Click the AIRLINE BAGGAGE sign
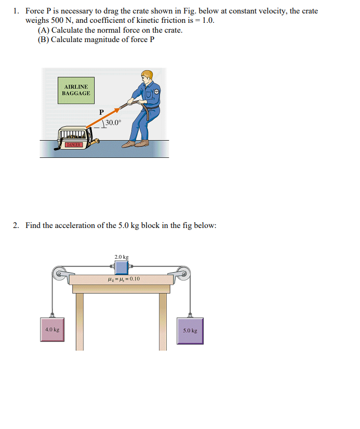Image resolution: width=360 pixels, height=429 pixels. (x=76, y=90)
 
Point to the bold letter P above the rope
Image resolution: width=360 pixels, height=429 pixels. (x=101, y=112)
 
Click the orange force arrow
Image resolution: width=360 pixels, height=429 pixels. (x=106, y=117)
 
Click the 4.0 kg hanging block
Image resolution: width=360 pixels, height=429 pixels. (x=52, y=329)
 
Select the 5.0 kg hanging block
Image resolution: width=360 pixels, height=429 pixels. (x=190, y=330)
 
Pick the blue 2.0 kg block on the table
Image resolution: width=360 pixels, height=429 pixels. (x=122, y=267)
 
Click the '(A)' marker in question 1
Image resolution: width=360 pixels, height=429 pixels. (x=44, y=30)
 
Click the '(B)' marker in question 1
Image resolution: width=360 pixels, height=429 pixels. (x=44, y=39)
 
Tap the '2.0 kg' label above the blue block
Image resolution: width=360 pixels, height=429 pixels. (x=122, y=257)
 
